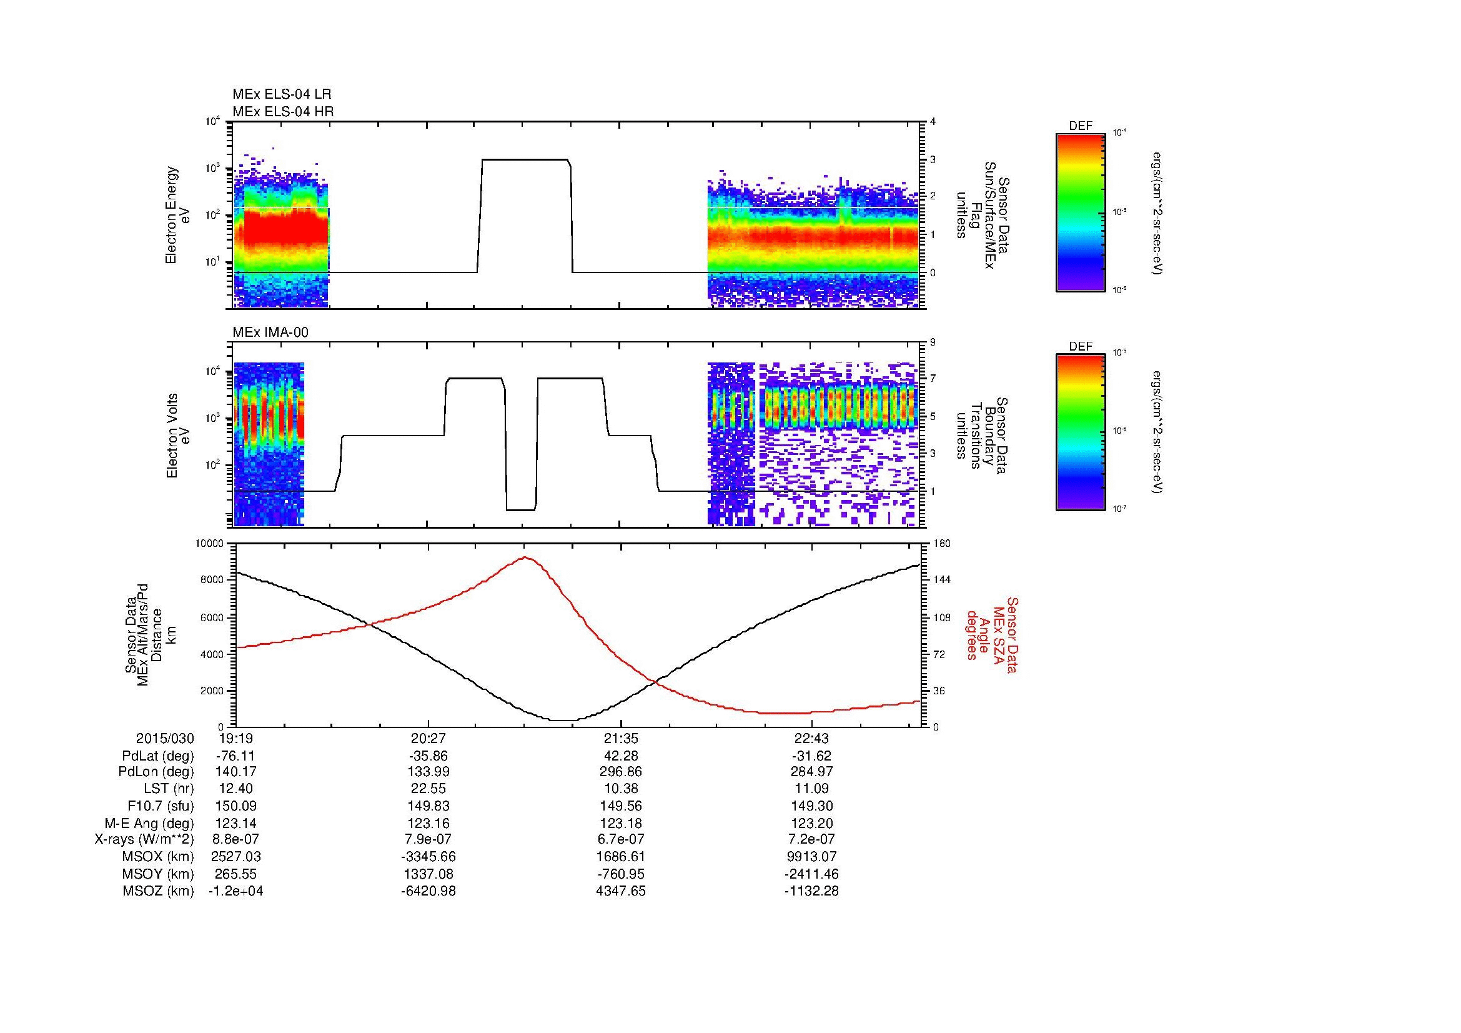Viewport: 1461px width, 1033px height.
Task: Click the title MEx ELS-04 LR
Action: click(x=281, y=95)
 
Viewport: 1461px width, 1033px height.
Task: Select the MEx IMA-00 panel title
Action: click(x=270, y=332)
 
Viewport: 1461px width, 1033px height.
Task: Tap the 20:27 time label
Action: click(x=428, y=738)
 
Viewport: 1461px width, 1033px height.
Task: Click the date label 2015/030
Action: click(x=165, y=738)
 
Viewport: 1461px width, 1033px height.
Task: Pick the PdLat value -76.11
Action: click(x=235, y=756)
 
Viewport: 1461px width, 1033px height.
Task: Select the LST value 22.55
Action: click(x=428, y=789)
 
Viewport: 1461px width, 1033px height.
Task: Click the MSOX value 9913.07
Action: click(x=811, y=857)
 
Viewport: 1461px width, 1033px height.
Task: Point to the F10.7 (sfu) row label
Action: click(x=161, y=806)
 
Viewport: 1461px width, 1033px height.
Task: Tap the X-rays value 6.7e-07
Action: click(x=620, y=839)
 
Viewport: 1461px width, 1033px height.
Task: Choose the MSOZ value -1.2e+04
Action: click(x=235, y=891)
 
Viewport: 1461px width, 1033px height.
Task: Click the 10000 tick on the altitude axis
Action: click(x=209, y=544)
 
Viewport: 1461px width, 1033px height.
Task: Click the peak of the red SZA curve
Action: click(x=525, y=557)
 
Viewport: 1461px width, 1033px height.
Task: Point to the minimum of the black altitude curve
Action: click(x=563, y=721)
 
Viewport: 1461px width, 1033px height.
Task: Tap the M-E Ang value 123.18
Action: click(x=620, y=823)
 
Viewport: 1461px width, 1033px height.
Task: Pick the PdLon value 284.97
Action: click(x=811, y=772)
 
